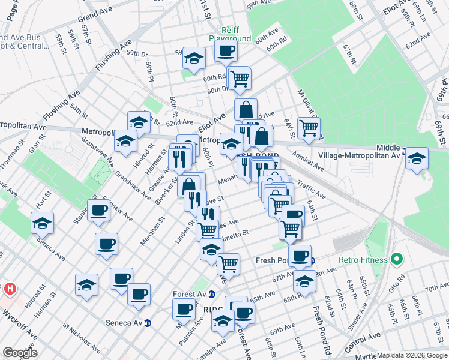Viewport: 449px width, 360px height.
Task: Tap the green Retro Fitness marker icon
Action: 396,260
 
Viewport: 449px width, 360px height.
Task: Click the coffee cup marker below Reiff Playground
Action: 226,53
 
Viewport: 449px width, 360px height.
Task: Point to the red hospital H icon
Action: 10,289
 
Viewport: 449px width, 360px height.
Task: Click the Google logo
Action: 20,353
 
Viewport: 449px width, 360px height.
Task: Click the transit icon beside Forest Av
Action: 212,294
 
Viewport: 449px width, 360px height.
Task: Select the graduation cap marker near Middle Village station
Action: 416,159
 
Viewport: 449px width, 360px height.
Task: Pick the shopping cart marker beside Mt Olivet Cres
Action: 309,127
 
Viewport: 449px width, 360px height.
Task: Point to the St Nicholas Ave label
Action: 82,336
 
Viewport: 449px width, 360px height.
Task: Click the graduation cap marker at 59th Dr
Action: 194,58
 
